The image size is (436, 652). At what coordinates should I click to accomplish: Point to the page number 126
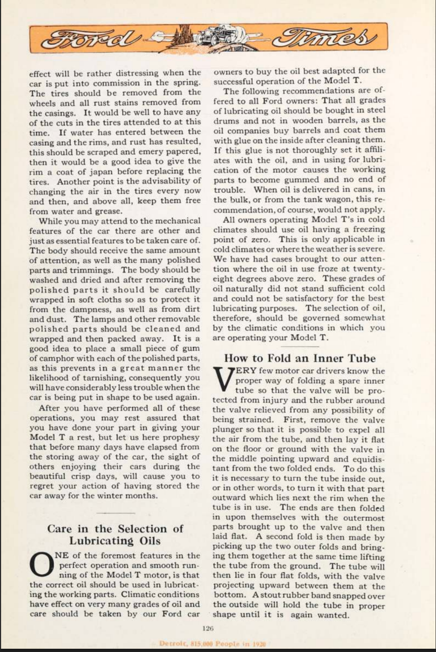pyautogui.click(x=208, y=628)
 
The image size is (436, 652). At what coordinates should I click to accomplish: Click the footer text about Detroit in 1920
pyautogui.click(x=212, y=644)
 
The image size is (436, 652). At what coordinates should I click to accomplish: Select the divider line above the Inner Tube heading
pyautogui.click(x=300, y=346)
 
